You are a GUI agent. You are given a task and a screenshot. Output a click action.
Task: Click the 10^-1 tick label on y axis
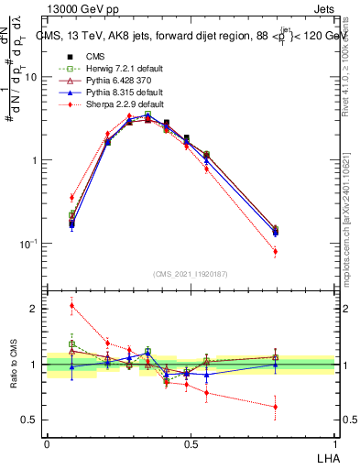pos(27,244)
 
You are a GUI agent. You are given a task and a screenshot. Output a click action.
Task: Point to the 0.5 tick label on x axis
pos(191,444)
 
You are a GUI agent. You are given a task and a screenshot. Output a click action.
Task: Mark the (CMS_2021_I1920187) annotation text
pos(191,273)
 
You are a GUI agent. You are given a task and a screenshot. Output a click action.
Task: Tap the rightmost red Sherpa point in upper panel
pos(300,251)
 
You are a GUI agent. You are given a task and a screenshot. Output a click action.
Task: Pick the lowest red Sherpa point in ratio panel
pos(300,407)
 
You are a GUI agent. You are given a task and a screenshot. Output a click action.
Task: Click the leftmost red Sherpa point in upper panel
pos(71,197)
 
